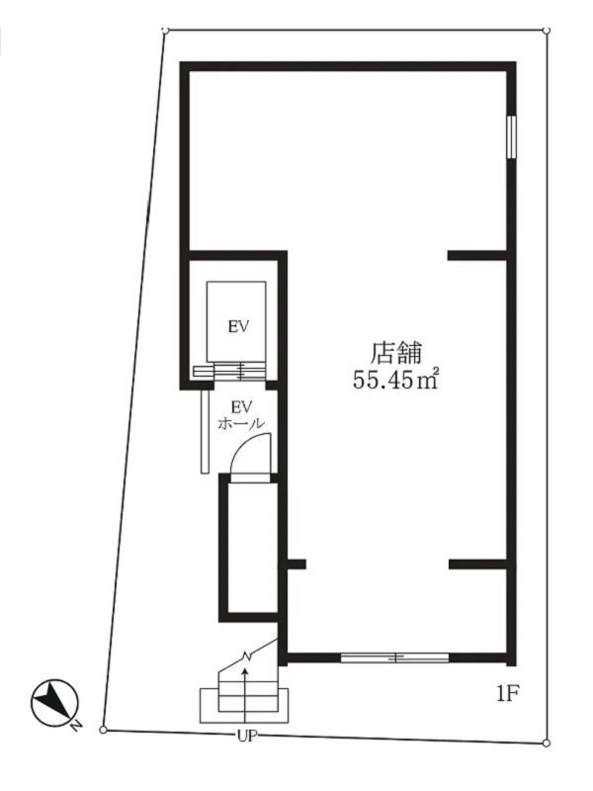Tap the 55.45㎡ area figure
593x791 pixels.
click(396, 379)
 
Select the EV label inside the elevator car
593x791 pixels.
click(237, 327)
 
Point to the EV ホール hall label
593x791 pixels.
click(240, 414)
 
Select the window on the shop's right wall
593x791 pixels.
click(511, 136)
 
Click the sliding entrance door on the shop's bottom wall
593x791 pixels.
click(393, 657)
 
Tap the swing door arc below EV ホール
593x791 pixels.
click(245, 461)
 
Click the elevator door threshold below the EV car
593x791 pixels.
click(237, 372)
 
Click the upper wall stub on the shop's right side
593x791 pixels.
click(479, 256)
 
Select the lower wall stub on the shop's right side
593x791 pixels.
click(479, 565)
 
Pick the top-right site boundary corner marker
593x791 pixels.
click(546, 32)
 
